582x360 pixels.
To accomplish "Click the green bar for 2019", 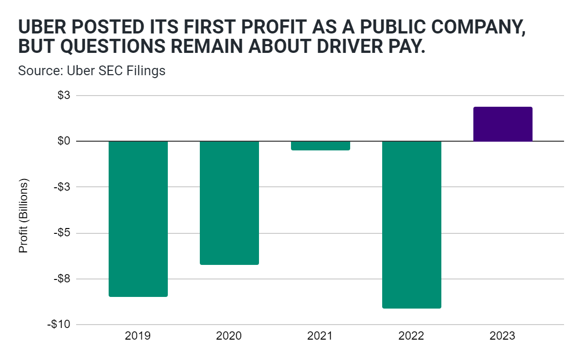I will click(138, 218).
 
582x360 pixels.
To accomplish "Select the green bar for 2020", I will click(229, 203).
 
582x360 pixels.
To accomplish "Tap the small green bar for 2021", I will click(321, 146).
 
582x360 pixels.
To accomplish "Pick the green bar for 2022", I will click(412, 224).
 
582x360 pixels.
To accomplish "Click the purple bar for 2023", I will click(503, 124).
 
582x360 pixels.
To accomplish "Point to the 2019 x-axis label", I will click(138, 336).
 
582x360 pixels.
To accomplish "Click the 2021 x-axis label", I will click(321, 336).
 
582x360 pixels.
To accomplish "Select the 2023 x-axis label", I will click(503, 336).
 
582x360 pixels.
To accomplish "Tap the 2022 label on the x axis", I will click(412, 336).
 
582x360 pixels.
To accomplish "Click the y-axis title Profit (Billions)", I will click(23, 215).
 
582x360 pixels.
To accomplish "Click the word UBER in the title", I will click(41, 28).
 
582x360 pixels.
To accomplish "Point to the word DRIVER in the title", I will click(347, 48).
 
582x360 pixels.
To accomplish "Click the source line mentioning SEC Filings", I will click(92, 71).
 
